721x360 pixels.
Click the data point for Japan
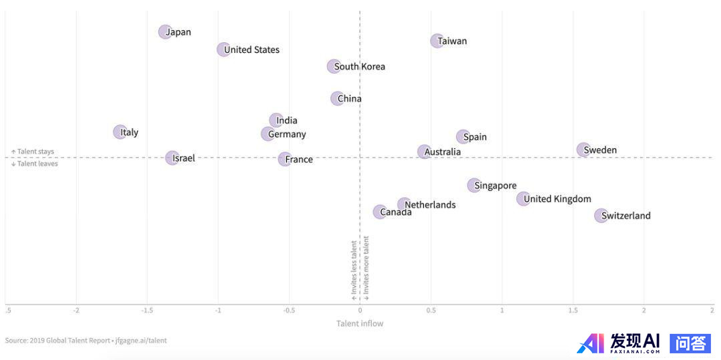click(x=165, y=31)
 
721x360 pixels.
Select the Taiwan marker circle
click(x=437, y=41)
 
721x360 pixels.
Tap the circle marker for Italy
click(x=119, y=132)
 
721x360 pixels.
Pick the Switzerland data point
click(x=601, y=215)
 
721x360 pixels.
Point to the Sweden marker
click(x=583, y=150)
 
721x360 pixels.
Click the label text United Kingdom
click(x=557, y=198)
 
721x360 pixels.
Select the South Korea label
click(x=359, y=66)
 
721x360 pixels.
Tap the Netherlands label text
click(x=431, y=204)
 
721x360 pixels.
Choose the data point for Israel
click(x=172, y=158)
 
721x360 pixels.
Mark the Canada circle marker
click(x=379, y=212)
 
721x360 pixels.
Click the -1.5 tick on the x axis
click(x=147, y=311)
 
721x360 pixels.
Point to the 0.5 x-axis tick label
click(x=431, y=311)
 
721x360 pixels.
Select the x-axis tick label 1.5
click(x=572, y=311)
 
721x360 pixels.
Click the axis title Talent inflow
click(x=359, y=324)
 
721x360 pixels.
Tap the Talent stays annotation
click(x=33, y=152)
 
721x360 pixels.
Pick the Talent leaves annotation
click(x=34, y=164)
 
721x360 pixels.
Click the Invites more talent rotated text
click(x=366, y=267)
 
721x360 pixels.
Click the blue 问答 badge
click(x=690, y=343)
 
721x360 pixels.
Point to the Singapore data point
click(x=473, y=185)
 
